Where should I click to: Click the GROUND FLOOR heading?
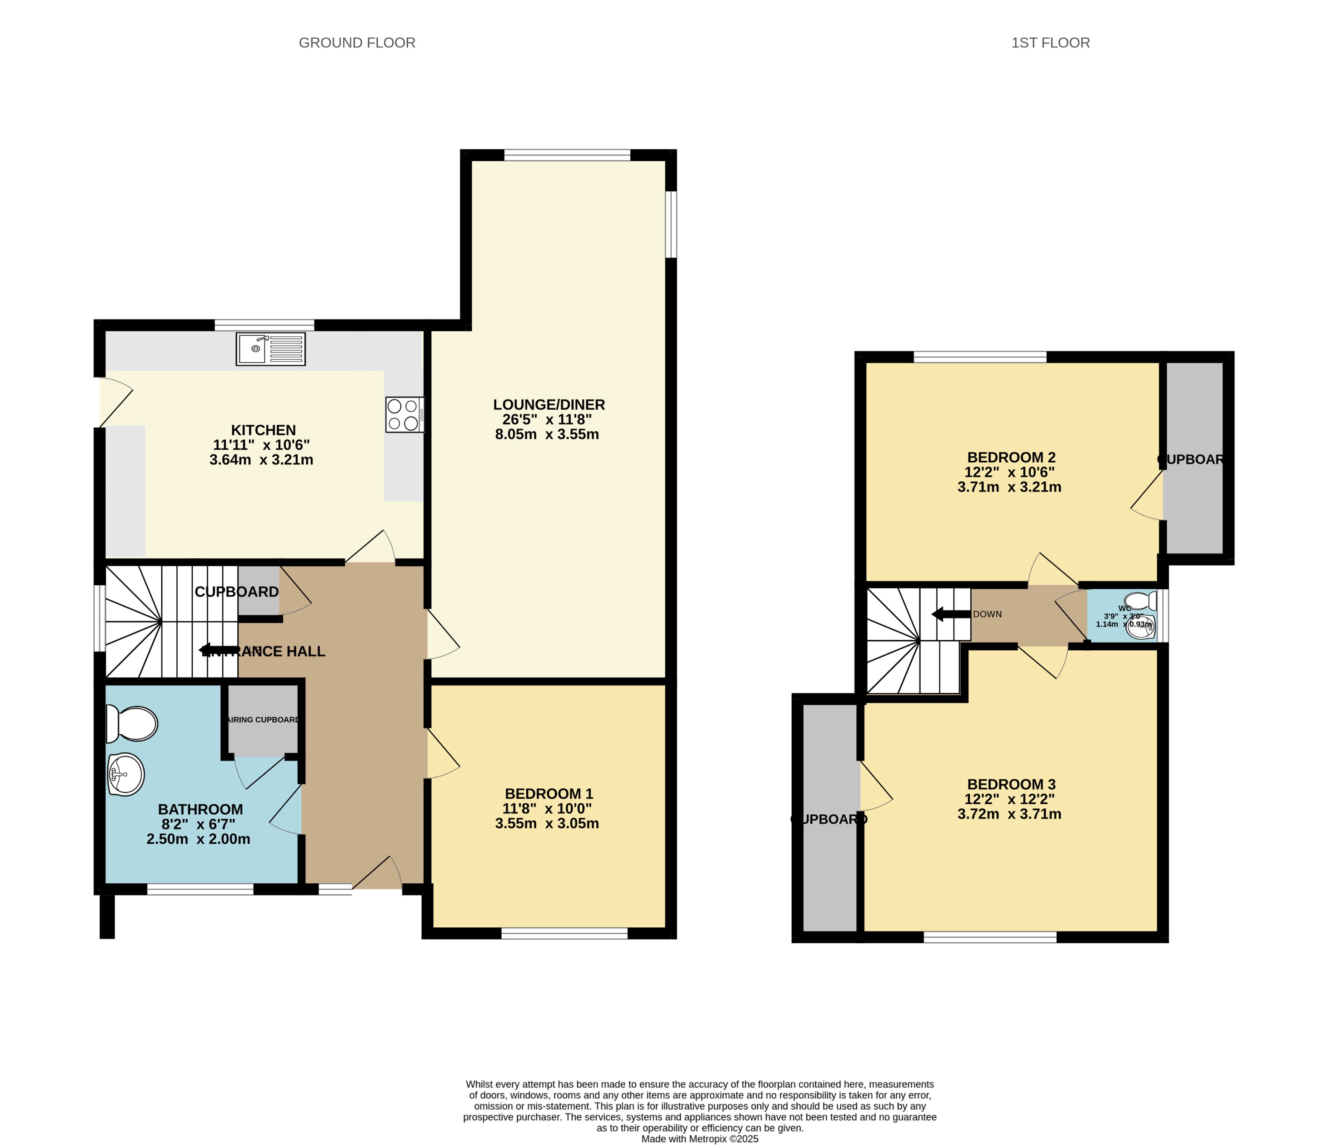click(357, 43)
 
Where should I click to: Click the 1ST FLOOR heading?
click(1050, 43)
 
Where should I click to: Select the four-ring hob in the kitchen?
click(404, 414)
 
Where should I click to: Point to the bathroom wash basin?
click(125, 774)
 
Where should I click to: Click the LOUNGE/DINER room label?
click(549, 404)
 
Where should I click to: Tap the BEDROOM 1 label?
click(549, 793)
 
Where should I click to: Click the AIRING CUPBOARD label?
click(264, 720)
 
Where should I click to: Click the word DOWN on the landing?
click(987, 614)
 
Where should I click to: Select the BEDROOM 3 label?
click(1011, 784)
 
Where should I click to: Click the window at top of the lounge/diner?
click(567, 154)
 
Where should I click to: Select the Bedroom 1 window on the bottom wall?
click(564, 934)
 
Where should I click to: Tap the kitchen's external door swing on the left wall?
click(115, 402)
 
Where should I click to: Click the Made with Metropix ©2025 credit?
click(699, 1139)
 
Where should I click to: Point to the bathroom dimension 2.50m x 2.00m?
click(198, 839)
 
